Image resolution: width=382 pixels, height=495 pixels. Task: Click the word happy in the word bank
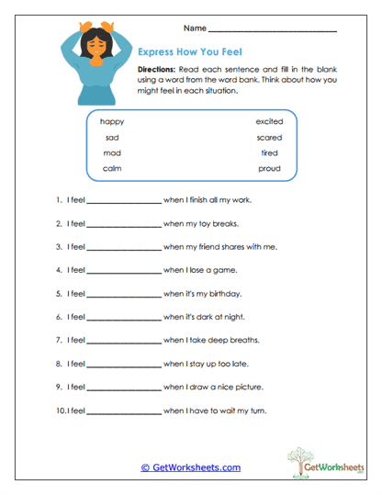tap(112, 121)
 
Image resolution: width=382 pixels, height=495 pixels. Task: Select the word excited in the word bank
tap(269, 121)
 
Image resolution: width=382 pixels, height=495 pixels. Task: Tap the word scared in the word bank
tap(270, 137)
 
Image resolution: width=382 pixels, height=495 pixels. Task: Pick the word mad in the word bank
tap(112, 152)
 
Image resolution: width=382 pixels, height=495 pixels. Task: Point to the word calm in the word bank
tap(112, 168)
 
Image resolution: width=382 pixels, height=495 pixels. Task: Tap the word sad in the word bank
tap(112, 137)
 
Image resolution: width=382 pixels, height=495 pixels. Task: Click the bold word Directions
tap(158, 71)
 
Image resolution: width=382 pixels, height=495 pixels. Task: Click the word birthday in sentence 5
tap(226, 294)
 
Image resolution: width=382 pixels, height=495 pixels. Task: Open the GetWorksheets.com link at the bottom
tap(191, 467)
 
